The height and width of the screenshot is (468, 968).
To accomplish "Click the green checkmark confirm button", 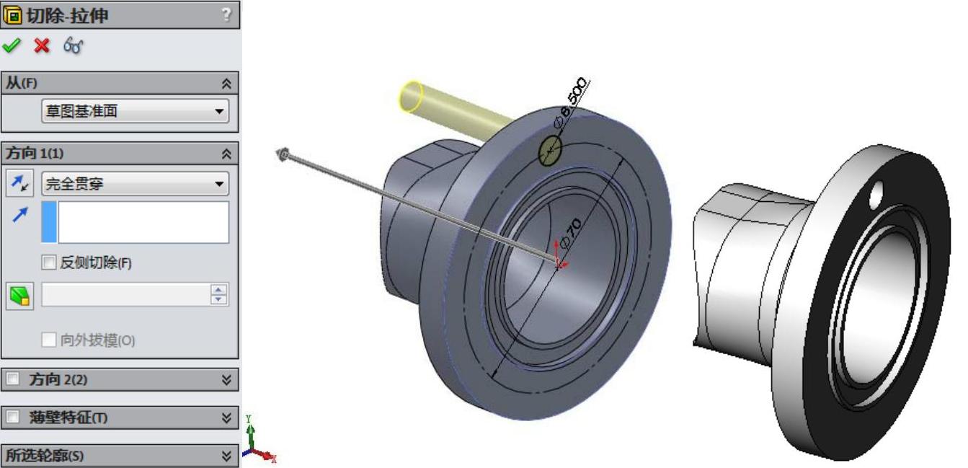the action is (12, 45).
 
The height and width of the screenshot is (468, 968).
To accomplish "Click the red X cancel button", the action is (42, 45).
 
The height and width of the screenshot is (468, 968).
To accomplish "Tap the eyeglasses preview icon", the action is (73, 45).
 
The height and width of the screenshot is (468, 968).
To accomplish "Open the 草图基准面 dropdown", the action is (136, 111).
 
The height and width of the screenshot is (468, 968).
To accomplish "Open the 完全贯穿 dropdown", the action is (136, 184).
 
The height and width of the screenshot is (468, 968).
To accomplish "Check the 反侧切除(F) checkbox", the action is (48, 262).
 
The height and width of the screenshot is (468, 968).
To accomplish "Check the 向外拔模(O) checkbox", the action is (48, 340).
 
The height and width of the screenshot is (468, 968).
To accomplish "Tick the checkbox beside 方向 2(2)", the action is (12, 379).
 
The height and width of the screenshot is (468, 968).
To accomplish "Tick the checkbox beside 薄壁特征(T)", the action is (12, 417).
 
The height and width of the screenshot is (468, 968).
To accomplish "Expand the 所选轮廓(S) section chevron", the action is (226, 456).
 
